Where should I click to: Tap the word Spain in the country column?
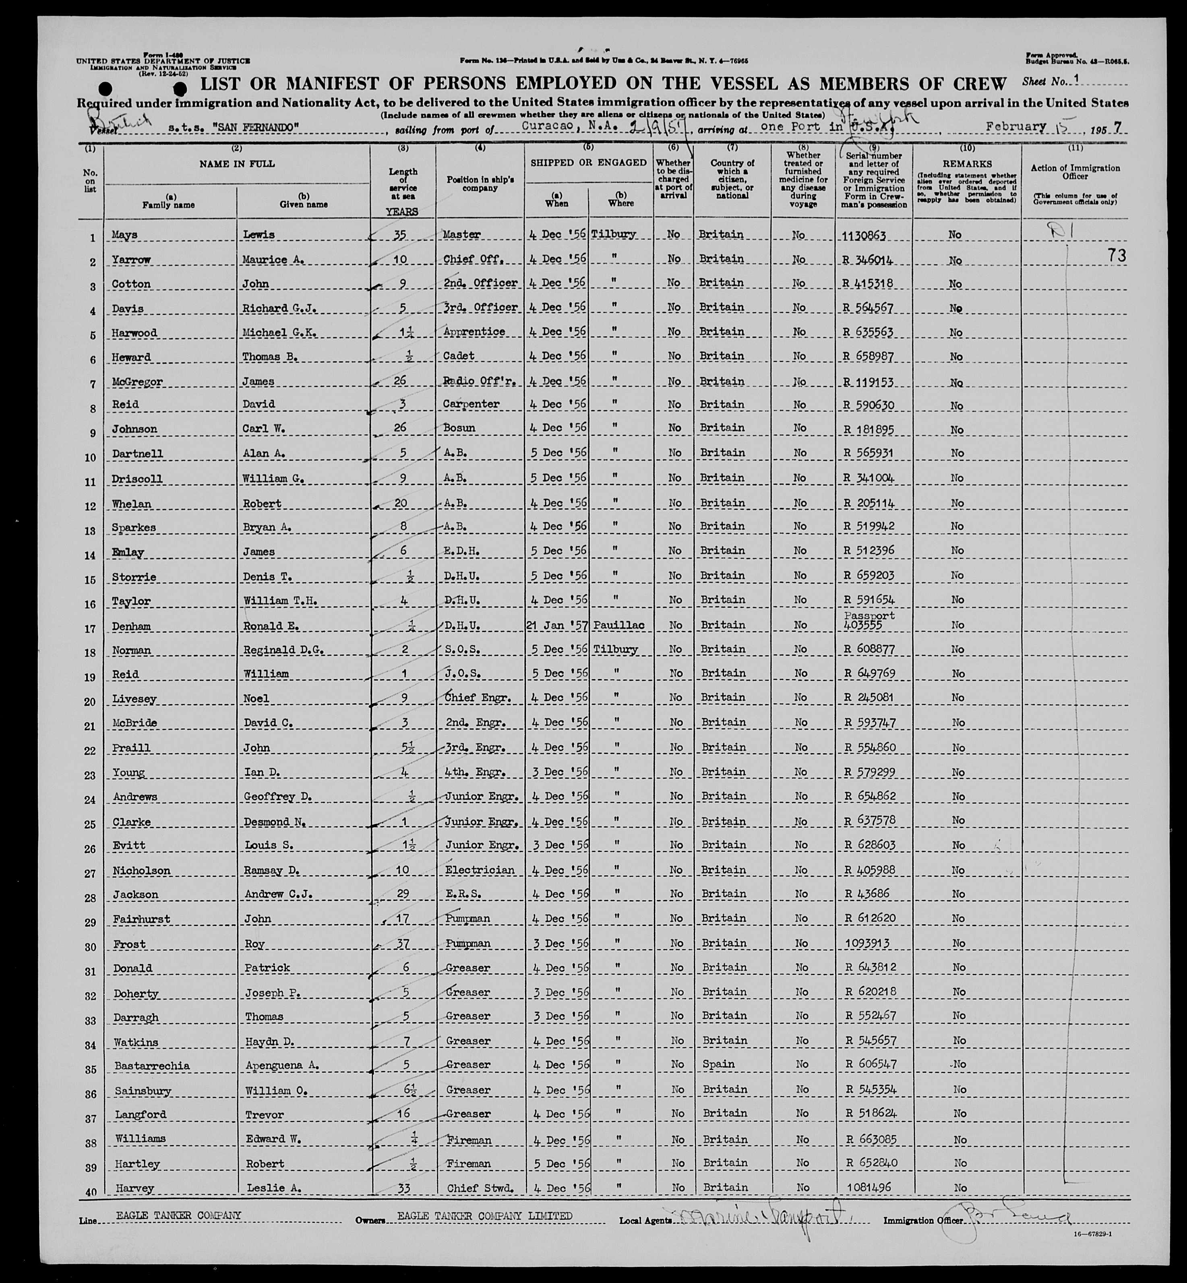pos(718,1064)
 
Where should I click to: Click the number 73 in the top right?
pos(1117,256)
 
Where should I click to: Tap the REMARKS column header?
pos(967,164)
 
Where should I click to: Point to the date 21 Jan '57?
pos(556,625)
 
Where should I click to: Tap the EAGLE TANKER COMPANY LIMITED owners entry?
pos(484,1216)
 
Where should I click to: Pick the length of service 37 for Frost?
pos(402,943)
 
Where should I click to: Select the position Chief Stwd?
pos(479,1189)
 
